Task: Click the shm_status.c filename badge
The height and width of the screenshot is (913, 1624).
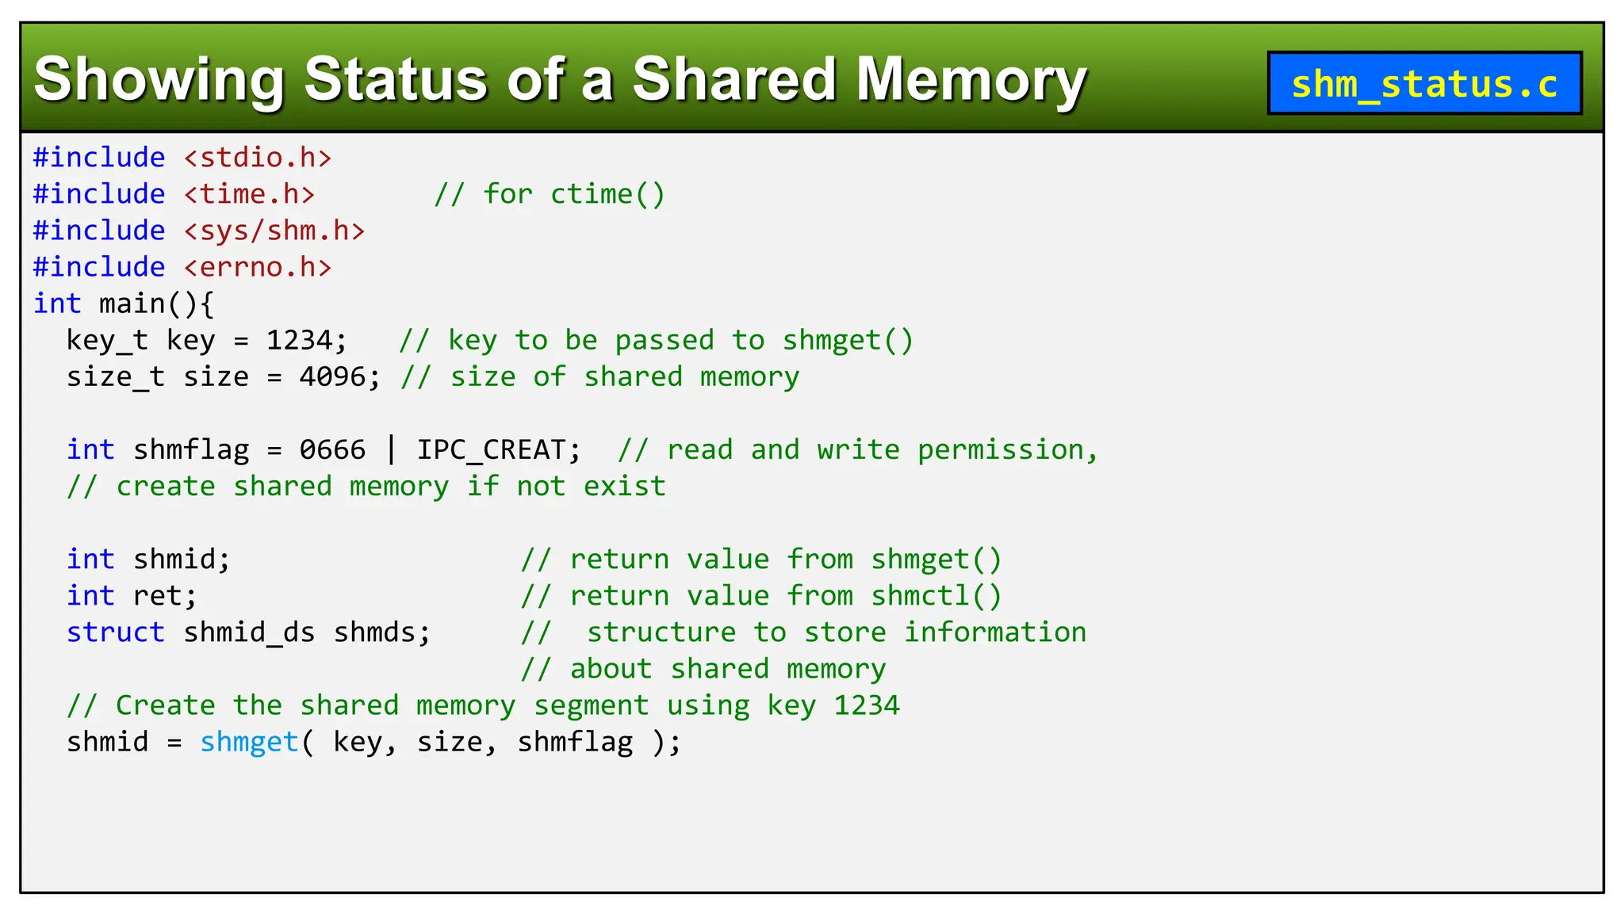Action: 1424,83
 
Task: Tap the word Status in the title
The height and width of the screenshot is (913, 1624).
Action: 396,79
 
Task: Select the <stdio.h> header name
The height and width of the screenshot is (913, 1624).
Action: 258,158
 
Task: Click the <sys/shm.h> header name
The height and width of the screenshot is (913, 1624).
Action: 274,231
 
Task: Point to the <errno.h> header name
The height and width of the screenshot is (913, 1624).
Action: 258,267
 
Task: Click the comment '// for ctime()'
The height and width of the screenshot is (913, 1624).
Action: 550,194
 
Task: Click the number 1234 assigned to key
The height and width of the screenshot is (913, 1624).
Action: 299,340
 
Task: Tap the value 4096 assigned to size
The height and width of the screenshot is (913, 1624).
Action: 332,376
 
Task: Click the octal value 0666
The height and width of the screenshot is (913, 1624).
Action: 332,449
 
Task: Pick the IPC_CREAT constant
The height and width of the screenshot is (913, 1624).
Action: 491,449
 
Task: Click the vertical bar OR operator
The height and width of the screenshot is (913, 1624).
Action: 392,449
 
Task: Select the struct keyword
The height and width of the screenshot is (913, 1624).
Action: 116,632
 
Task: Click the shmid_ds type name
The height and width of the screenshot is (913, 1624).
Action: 249,632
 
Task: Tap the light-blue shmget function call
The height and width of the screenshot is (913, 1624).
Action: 249,742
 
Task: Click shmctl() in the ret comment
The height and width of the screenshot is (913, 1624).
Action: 936,596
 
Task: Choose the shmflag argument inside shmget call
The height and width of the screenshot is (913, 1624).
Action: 575,742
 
